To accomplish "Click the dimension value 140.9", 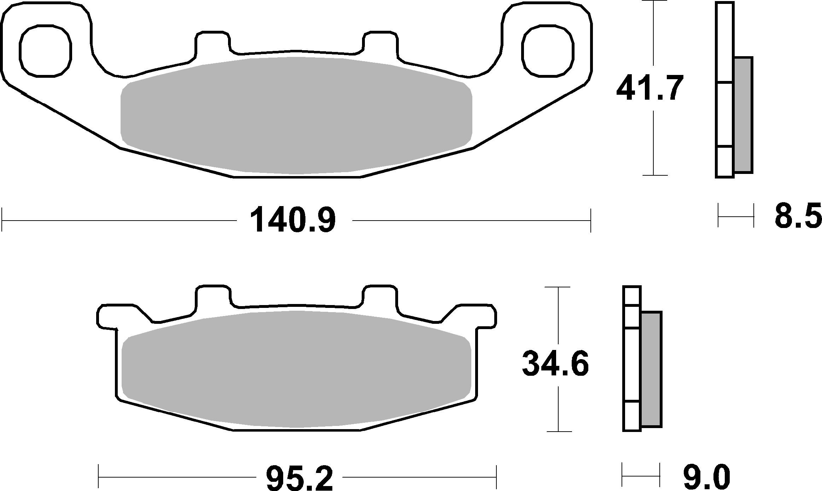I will coord(292,220).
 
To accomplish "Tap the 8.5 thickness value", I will coord(797,215).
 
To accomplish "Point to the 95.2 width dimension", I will coord(299,478).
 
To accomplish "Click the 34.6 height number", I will coord(555,364).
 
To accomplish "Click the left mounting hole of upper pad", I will coord(45,51).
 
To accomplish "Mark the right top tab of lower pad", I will coord(380,296).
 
